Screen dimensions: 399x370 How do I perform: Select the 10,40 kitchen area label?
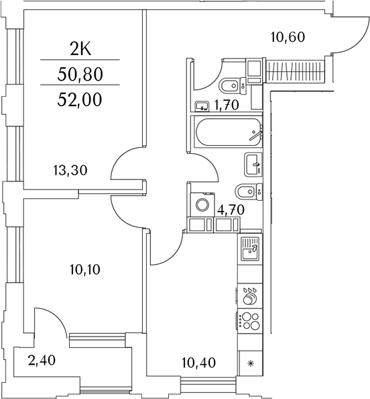[x=198, y=364]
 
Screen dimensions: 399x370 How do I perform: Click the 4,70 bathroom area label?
[x=229, y=209]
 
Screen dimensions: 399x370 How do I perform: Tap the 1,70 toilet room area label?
[x=227, y=105]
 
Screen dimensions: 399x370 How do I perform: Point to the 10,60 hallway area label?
[x=288, y=37]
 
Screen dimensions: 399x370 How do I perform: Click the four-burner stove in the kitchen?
[x=249, y=321]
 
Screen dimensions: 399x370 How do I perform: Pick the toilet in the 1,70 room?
[x=231, y=85]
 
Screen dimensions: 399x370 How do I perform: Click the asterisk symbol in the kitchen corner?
[x=251, y=363]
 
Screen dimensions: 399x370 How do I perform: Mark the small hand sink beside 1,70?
[x=200, y=105]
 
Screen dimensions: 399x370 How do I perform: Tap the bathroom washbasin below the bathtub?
[x=254, y=162]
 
